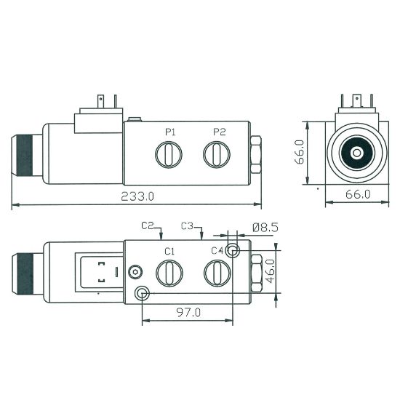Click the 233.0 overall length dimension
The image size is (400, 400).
[137, 196]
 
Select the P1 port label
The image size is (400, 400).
[170, 132]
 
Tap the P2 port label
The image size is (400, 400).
[220, 132]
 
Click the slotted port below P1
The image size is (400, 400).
[169, 155]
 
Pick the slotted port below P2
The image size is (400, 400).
[217, 155]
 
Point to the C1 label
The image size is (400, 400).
[169, 252]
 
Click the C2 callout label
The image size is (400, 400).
[148, 225]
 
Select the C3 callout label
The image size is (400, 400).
[188, 225]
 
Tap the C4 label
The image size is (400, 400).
[217, 251]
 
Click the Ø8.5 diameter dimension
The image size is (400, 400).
[265, 228]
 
